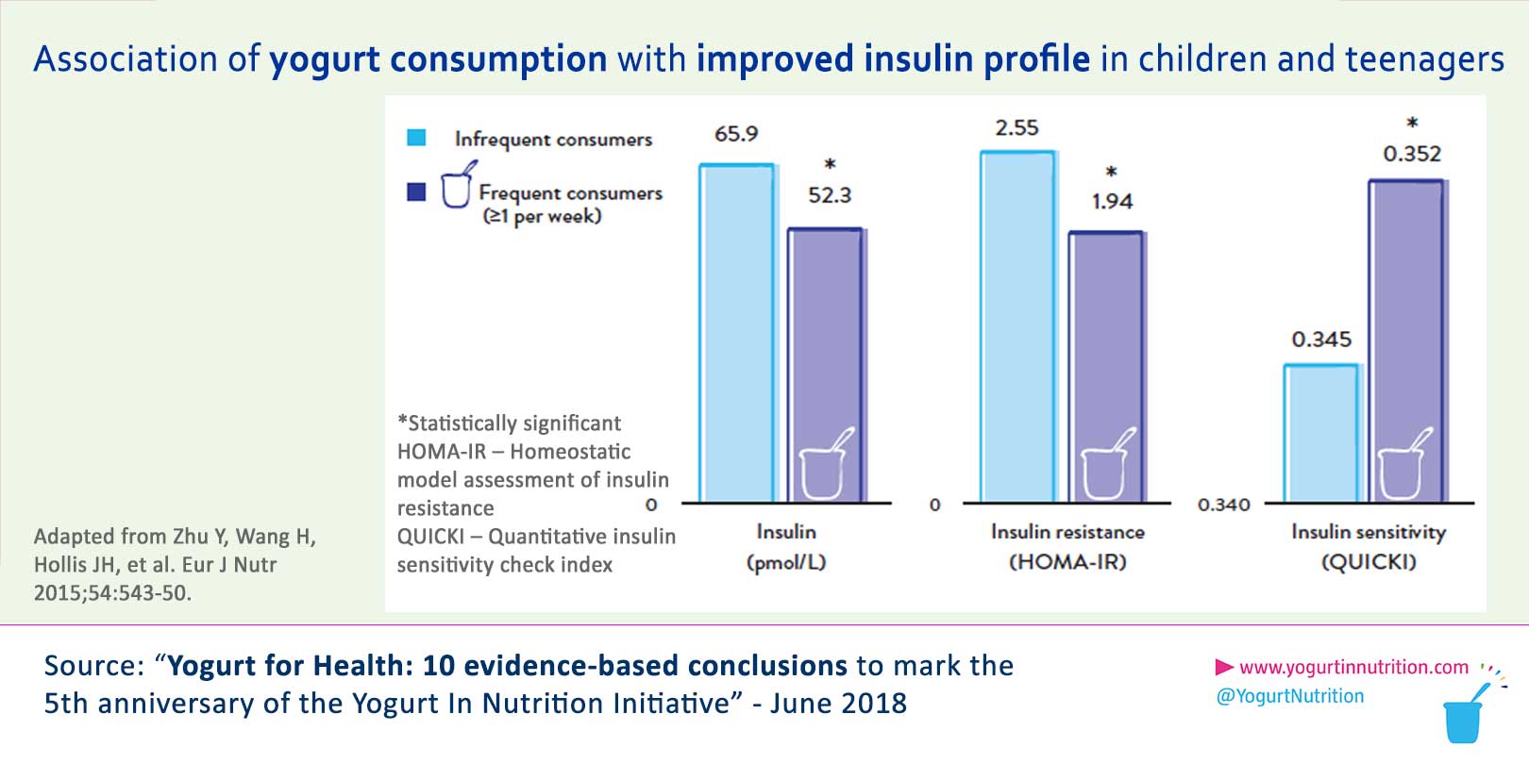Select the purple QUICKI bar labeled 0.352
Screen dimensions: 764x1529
(1406, 340)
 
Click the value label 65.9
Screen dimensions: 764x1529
(736, 134)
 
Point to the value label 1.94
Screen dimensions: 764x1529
(1112, 201)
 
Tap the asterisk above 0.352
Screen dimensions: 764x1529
(1412, 124)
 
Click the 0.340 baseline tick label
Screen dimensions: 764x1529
(1223, 506)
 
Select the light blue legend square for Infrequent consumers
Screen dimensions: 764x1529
(416, 138)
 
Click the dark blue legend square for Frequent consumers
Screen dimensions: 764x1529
(416, 192)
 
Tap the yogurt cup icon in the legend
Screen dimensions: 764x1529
(457, 185)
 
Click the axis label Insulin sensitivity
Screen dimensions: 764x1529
(1368, 532)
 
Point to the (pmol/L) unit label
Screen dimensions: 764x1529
(785, 562)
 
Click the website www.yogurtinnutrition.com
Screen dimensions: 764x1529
(1353, 668)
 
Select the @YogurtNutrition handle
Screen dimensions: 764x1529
(1290, 696)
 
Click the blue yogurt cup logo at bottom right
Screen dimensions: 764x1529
(1464, 718)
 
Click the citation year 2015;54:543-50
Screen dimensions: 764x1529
(112, 593)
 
